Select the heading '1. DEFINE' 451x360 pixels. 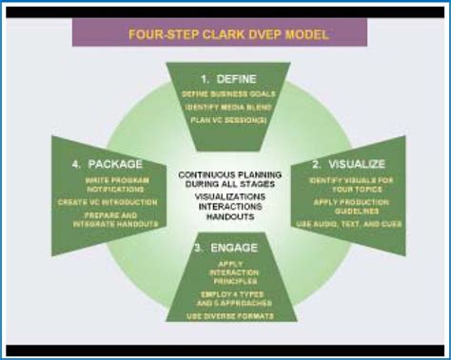(x=224, y=76)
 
